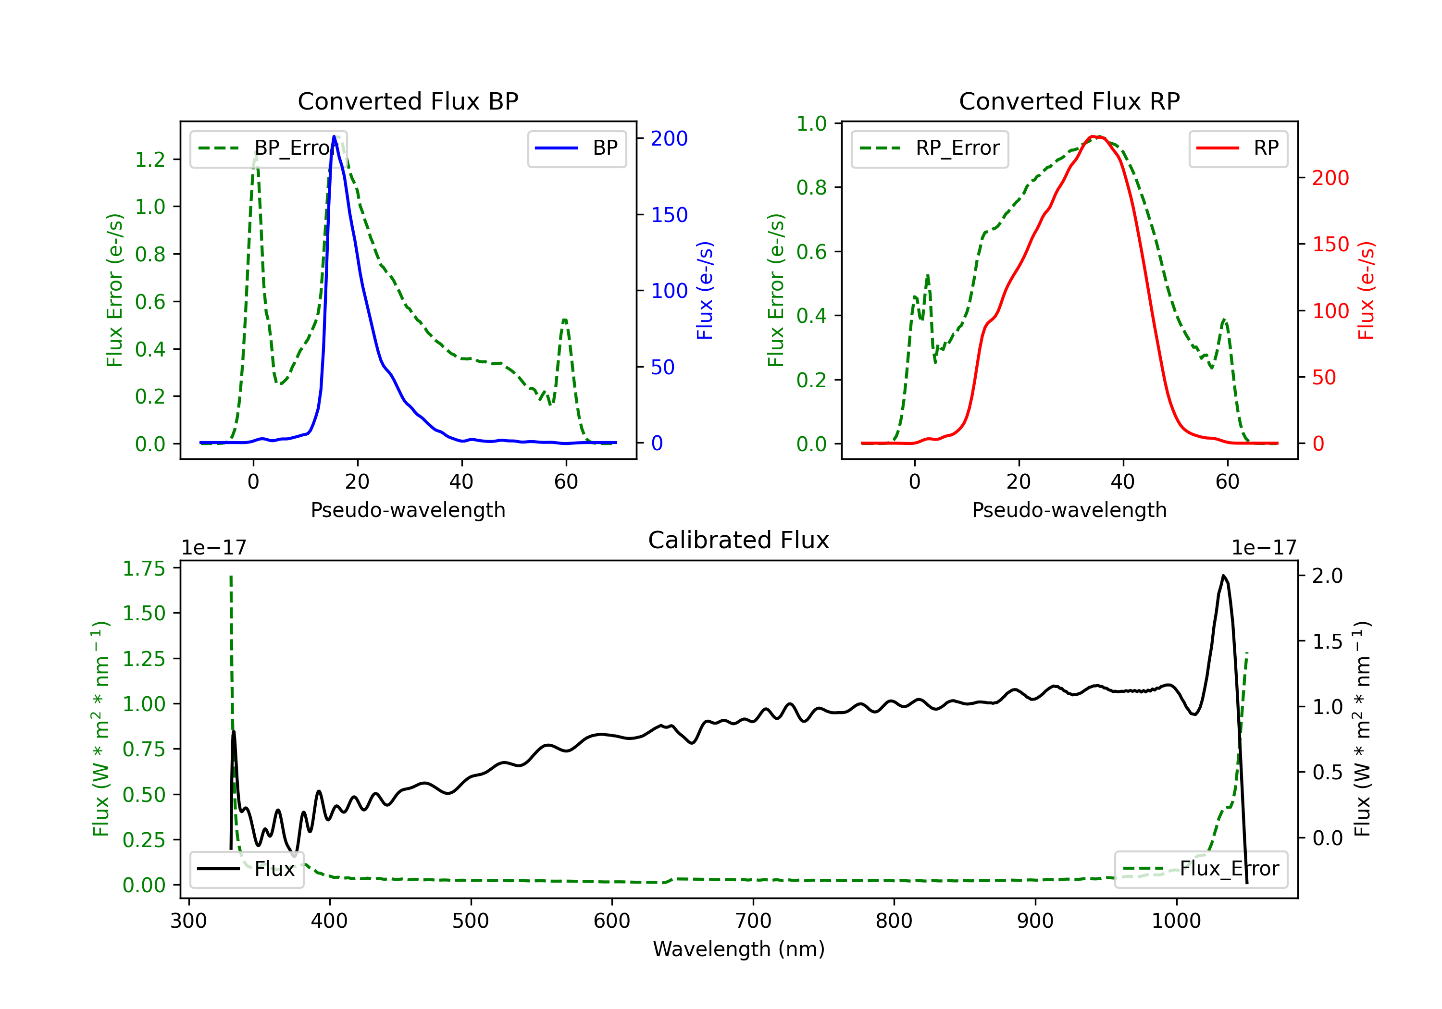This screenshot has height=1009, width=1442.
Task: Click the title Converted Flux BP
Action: tap(408, 101)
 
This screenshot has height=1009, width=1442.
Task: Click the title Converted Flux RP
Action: tap(1069, 101)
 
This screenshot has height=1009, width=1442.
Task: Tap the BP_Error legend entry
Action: tap(268, 148)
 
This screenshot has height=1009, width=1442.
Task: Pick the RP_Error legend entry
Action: tap(930, 148)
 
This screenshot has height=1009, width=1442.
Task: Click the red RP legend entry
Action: tap(1238, 148)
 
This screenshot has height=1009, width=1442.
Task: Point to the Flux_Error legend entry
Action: tap(1201, 869)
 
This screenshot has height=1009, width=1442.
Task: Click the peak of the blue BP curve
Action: tap(334, 136)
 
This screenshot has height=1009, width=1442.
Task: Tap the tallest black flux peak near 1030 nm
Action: tap(1223, 576)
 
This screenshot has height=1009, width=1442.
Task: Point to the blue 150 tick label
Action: tap(669, 215)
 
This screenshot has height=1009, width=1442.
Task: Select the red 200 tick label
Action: tap(1330, 178)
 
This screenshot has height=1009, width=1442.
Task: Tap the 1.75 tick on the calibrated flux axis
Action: tap(143, 568)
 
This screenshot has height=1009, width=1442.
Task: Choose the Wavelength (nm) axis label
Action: tap(739, 949)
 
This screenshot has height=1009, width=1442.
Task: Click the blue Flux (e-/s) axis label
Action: tap(705, 290)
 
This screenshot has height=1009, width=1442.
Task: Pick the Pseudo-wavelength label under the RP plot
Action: tap(1069, 510)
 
